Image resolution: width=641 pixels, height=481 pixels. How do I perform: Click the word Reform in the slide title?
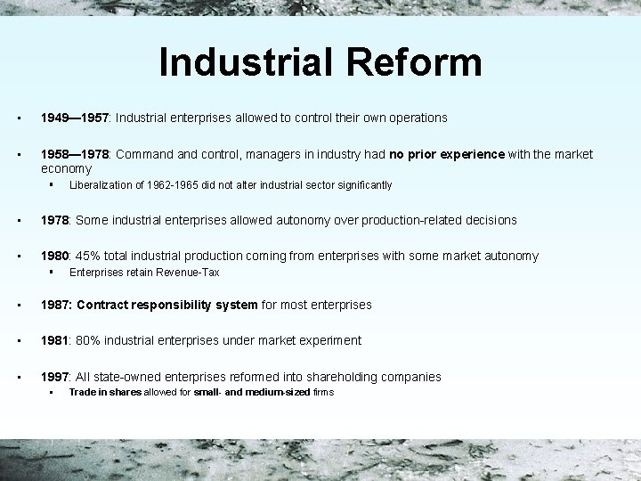(x=418, y=62)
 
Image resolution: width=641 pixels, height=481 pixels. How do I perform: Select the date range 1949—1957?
(x=74, y=118)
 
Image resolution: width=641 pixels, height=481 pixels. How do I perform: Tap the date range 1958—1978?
(x=74, y=154)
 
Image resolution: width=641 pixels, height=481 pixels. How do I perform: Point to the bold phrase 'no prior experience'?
(x=447, y=154)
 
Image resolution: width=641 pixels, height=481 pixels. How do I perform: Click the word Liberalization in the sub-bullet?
(x=98, y=185)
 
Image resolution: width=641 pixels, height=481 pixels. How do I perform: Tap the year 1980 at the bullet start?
(x=55, y=256)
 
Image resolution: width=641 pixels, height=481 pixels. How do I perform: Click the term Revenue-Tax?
(x=186, y=273)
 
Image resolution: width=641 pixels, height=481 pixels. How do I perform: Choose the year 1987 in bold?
(x=56, y=305)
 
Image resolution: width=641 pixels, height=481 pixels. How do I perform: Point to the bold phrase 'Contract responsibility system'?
(x=167, y=305)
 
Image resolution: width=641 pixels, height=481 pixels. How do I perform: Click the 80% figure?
(x=87, y=340)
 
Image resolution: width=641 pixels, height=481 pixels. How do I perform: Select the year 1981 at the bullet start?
(x=55, y=340)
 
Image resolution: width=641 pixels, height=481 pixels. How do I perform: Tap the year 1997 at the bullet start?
(x=55, y=377)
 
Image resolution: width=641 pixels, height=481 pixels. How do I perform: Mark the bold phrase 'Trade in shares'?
(x=105, y=393)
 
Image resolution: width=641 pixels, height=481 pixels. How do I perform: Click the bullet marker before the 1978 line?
(x=19, y=220)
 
